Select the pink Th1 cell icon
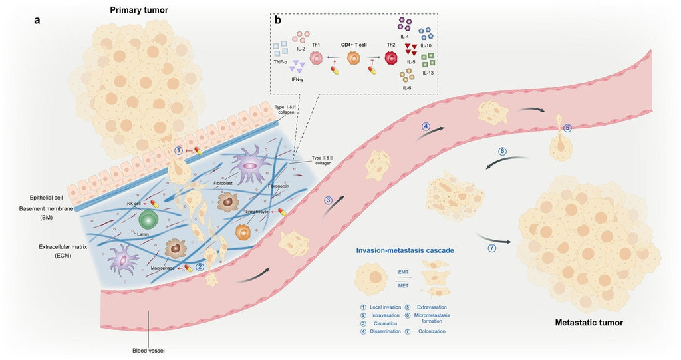(x=317, y=59)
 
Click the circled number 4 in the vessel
(x=426, y=126)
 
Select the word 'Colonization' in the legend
(x=432, y=331)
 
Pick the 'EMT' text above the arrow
(x=403, y=272)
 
